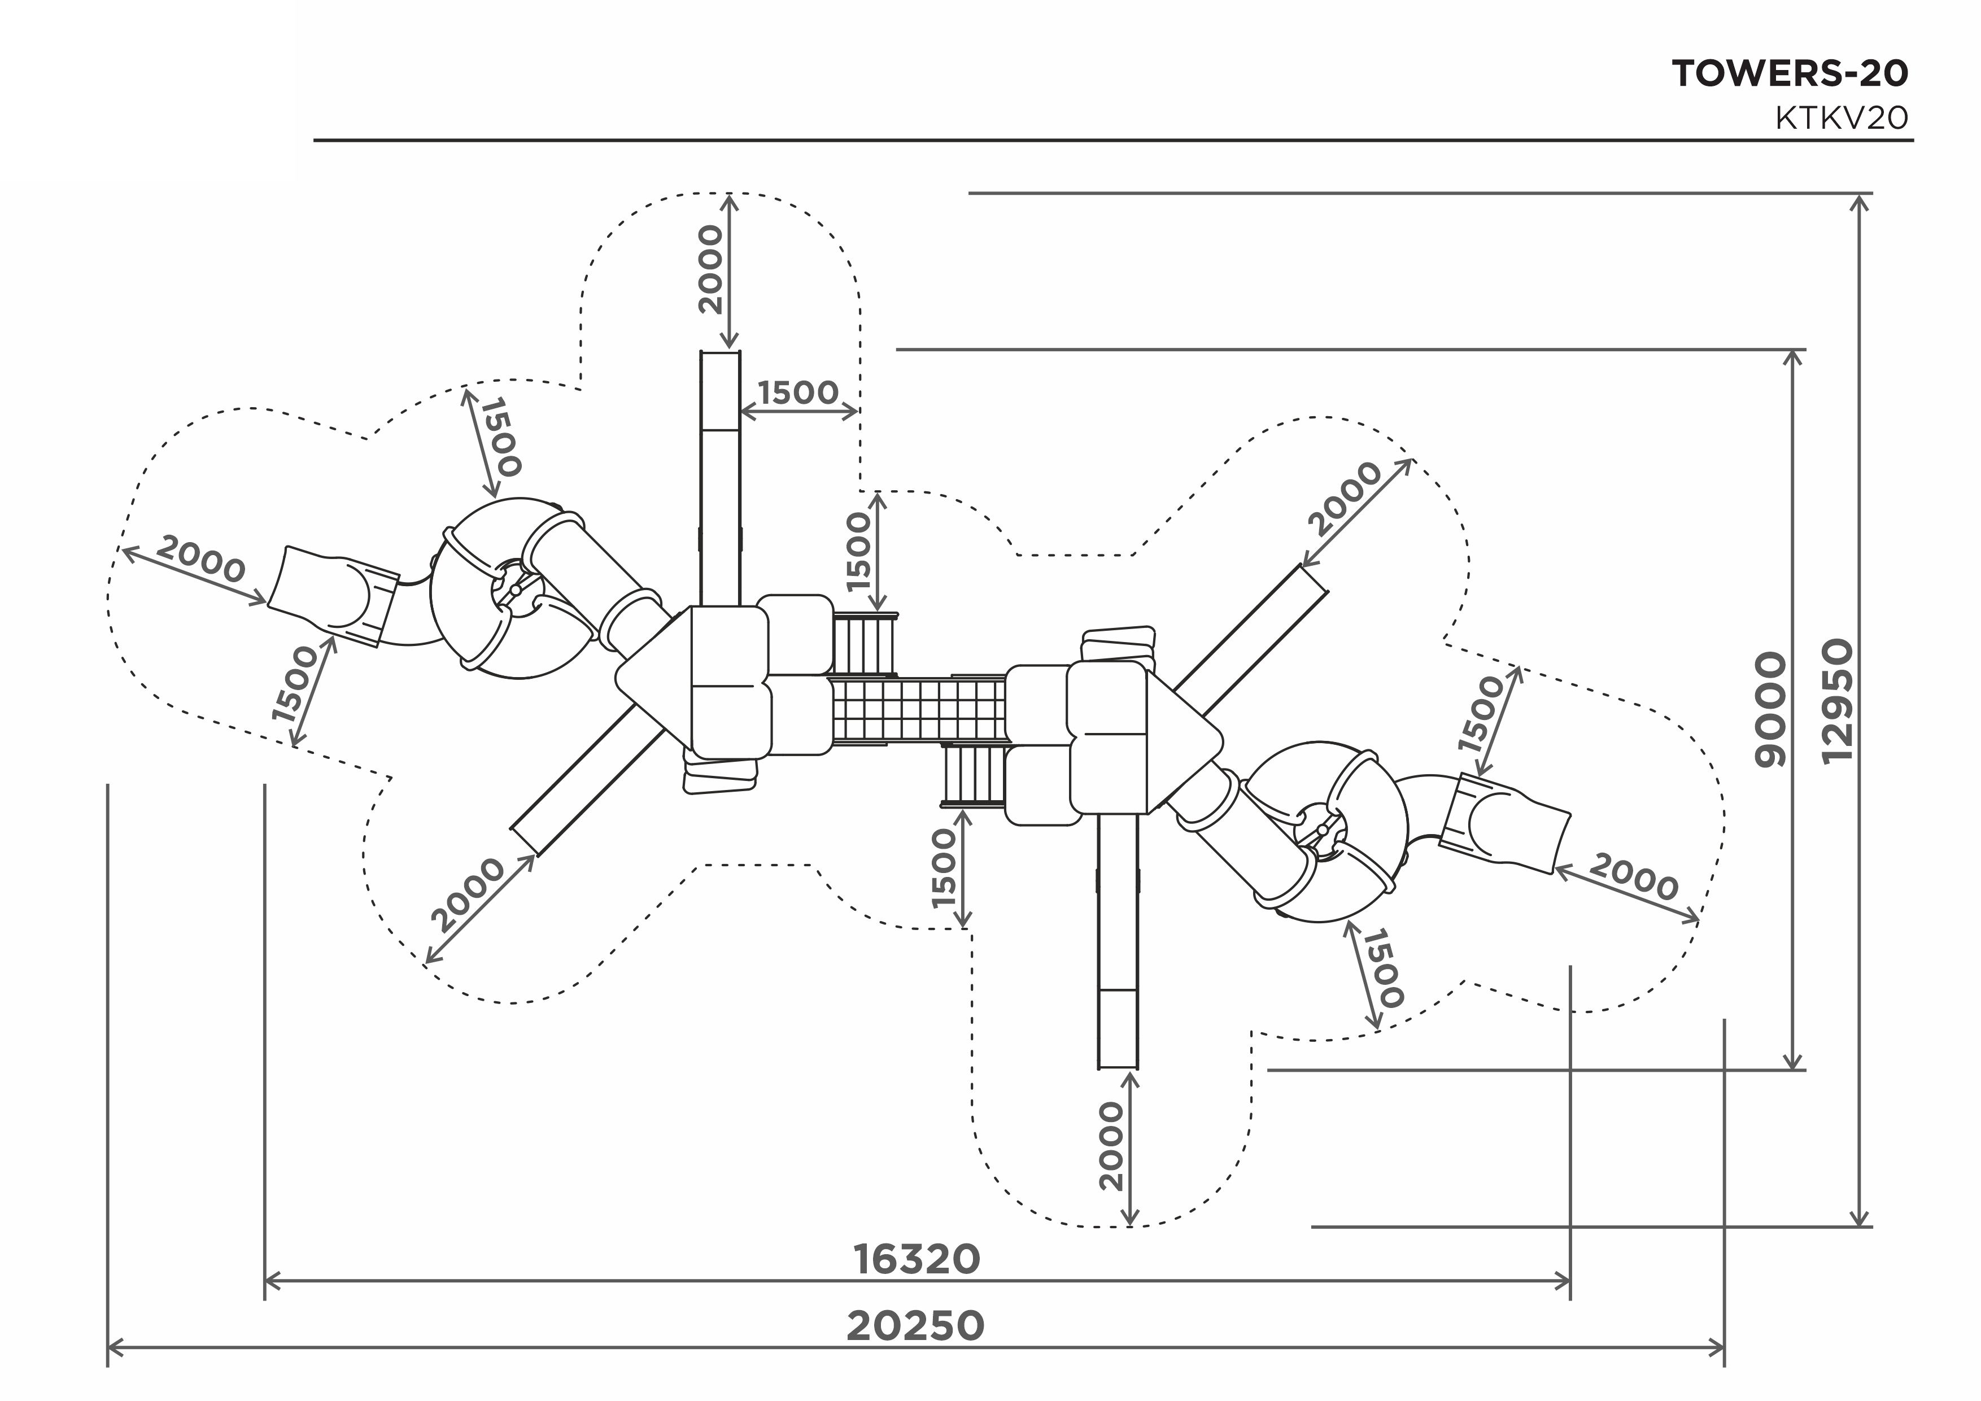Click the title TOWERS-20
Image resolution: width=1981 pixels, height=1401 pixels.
coord(1790,74)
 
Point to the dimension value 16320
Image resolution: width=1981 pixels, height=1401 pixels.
coord(917,1259)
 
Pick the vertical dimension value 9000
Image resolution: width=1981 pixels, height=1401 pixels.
coord(1772,709)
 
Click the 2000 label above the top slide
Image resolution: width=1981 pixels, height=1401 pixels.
coord(711,269)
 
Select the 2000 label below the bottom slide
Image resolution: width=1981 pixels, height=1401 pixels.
coord(1111,1146)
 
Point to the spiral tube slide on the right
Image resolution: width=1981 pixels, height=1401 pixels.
coord(1327,832)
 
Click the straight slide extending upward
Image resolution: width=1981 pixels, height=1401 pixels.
coord(719,478)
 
